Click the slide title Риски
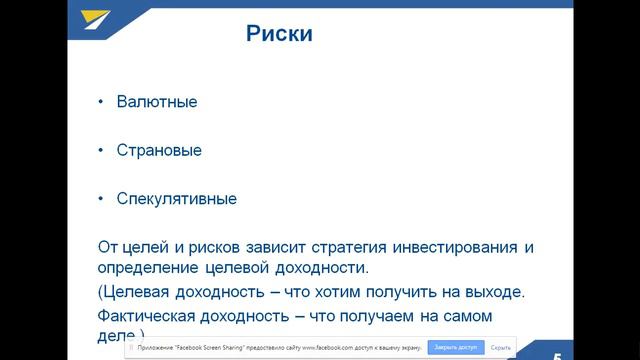(280, 35)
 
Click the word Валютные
(157, 102)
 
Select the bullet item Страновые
(160, 150)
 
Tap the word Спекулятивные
(177, 199)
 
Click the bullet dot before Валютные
(100, 102)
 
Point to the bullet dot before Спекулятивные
(100, 199)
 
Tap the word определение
(146, 269)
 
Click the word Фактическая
(145, 316)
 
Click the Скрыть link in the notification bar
(501, 347)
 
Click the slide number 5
(557, 350)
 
